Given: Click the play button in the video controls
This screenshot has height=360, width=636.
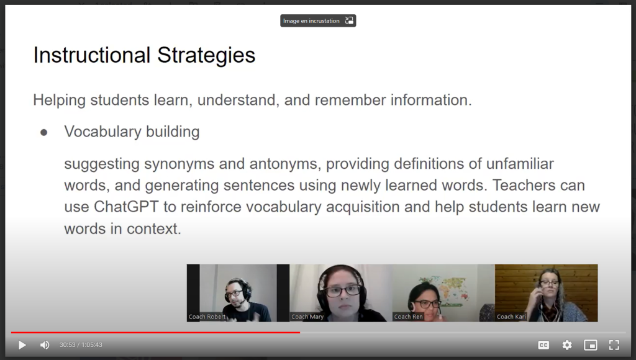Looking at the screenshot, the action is pyautogui.click(x=22, y=345).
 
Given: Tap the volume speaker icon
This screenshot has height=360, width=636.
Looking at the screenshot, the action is pyautogui.click(x=45, y=345).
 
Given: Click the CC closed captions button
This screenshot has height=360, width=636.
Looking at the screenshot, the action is pyautogui.click(x=543, y=345).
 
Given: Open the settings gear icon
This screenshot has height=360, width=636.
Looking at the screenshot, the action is pyautogui.click(x=567, y=345).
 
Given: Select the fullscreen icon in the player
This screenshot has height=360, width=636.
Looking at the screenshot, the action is pyautogui.click(x=614, y=345).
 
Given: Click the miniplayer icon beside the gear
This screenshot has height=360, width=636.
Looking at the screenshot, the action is pyautogui.click(x=591, y=345).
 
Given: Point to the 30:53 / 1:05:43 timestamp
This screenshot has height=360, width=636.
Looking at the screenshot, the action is pyautogui.click(x=81, y=345).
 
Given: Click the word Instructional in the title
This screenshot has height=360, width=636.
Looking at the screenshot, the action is pyautogui.click(x=92, y=55).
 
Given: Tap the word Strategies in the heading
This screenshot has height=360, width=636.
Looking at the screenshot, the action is pyautogui.click(x=206, y=55).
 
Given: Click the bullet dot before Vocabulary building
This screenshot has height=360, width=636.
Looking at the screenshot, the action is pyautogui.click(x=44, y=133).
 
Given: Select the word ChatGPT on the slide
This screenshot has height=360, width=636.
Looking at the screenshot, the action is pyautogui.click(x=126, y=207).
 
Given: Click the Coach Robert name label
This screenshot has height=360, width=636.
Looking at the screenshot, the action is pyautogui.click(x=207, y=317).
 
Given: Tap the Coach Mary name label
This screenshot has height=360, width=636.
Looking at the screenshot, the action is pyautogui.click(x=307, y=317).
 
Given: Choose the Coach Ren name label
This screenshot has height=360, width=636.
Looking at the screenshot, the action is pyautogui.click(x=409, y=317).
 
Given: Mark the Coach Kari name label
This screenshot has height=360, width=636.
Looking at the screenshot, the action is pyautogui.click(x=512, y=317).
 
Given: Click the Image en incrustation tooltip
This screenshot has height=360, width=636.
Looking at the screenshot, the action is pyautogui.click(x=318, y=20).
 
